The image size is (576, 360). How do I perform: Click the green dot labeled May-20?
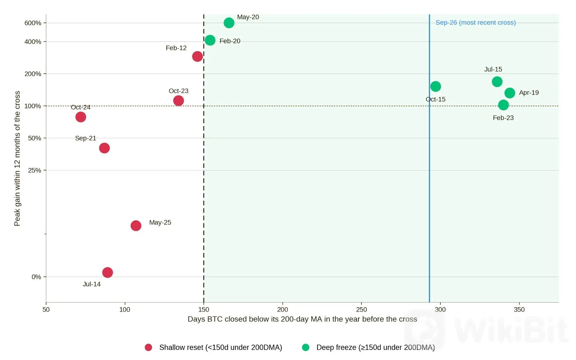229,23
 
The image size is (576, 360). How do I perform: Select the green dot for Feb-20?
210,40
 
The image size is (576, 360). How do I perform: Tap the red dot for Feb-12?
197,56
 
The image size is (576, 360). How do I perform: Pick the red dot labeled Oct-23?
179,100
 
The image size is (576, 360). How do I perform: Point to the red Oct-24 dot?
81,117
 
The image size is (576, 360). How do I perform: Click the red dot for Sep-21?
104,148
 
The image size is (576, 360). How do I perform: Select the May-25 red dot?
136,225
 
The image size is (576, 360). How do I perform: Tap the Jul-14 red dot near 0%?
107,272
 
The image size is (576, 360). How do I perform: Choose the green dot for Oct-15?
436,86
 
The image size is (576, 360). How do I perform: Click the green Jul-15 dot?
497,82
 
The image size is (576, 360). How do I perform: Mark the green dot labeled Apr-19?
510,93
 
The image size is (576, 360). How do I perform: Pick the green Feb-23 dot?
503,105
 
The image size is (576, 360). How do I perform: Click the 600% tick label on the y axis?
33,23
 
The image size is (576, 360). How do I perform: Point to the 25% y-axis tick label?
35,170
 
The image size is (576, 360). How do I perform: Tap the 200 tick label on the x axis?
283,310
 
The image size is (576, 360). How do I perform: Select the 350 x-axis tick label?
519,310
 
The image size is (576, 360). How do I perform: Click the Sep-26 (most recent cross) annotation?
476,22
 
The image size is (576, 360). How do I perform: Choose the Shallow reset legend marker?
148,347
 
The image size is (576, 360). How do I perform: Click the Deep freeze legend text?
376,348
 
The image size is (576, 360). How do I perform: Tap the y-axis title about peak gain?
17,158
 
